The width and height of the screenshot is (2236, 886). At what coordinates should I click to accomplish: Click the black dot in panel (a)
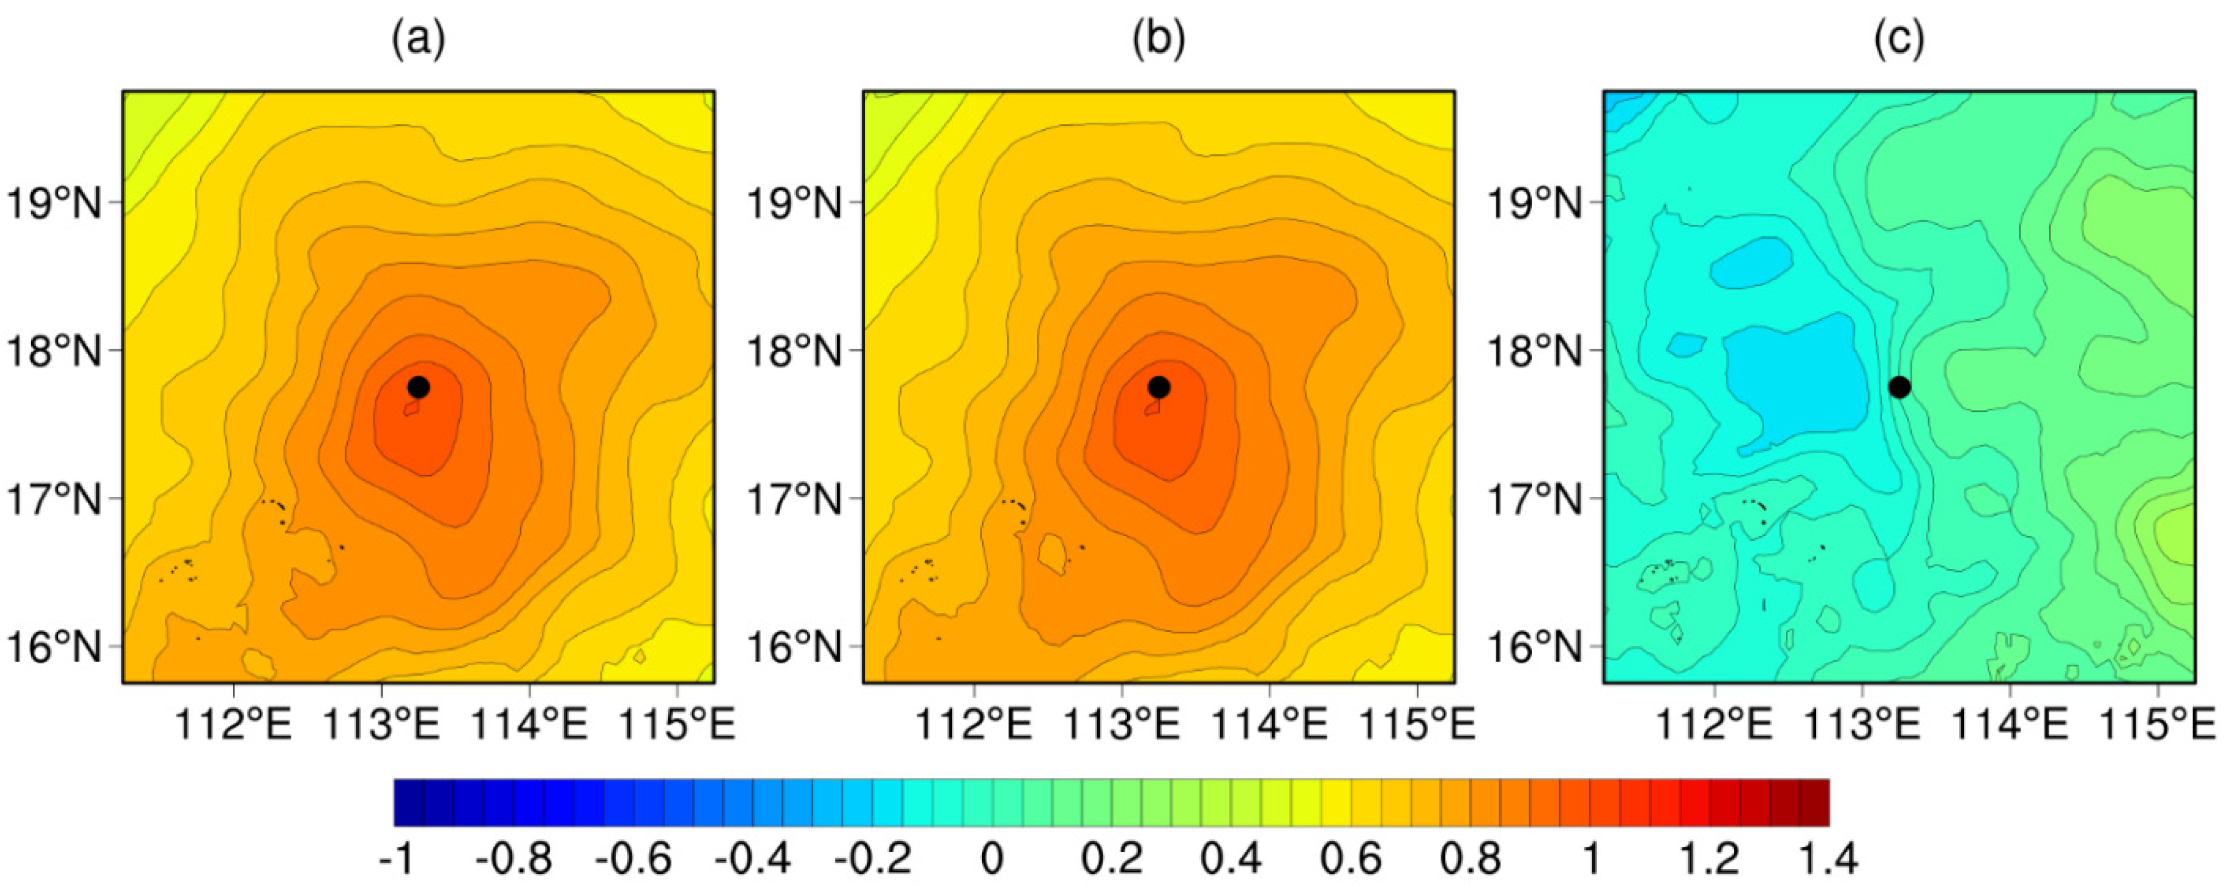pos(418,386)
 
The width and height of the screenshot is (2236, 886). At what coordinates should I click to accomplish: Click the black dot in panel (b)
pos(1159,386)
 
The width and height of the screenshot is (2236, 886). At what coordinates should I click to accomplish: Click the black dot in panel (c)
pos(1899,386)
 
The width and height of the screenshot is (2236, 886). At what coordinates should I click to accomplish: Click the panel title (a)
pos(418,39)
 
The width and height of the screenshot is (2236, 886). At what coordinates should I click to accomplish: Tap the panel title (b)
pos(1159,39)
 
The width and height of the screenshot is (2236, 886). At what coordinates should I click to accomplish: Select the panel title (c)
pos(1899,39)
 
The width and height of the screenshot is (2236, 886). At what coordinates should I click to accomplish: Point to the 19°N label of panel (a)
pos(54,204)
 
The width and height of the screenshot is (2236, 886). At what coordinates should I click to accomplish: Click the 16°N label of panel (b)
pos(794,647)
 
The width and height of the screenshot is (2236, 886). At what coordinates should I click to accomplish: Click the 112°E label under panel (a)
pos(235,723)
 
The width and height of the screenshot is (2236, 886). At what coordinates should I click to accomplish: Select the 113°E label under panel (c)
pos(1863,723)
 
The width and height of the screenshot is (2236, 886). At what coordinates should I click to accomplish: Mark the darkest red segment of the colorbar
pos(1814,802)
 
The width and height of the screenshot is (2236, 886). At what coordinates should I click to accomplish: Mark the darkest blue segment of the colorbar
pos(409,802)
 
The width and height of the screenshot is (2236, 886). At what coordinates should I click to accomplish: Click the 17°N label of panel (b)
pos(794,500)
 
